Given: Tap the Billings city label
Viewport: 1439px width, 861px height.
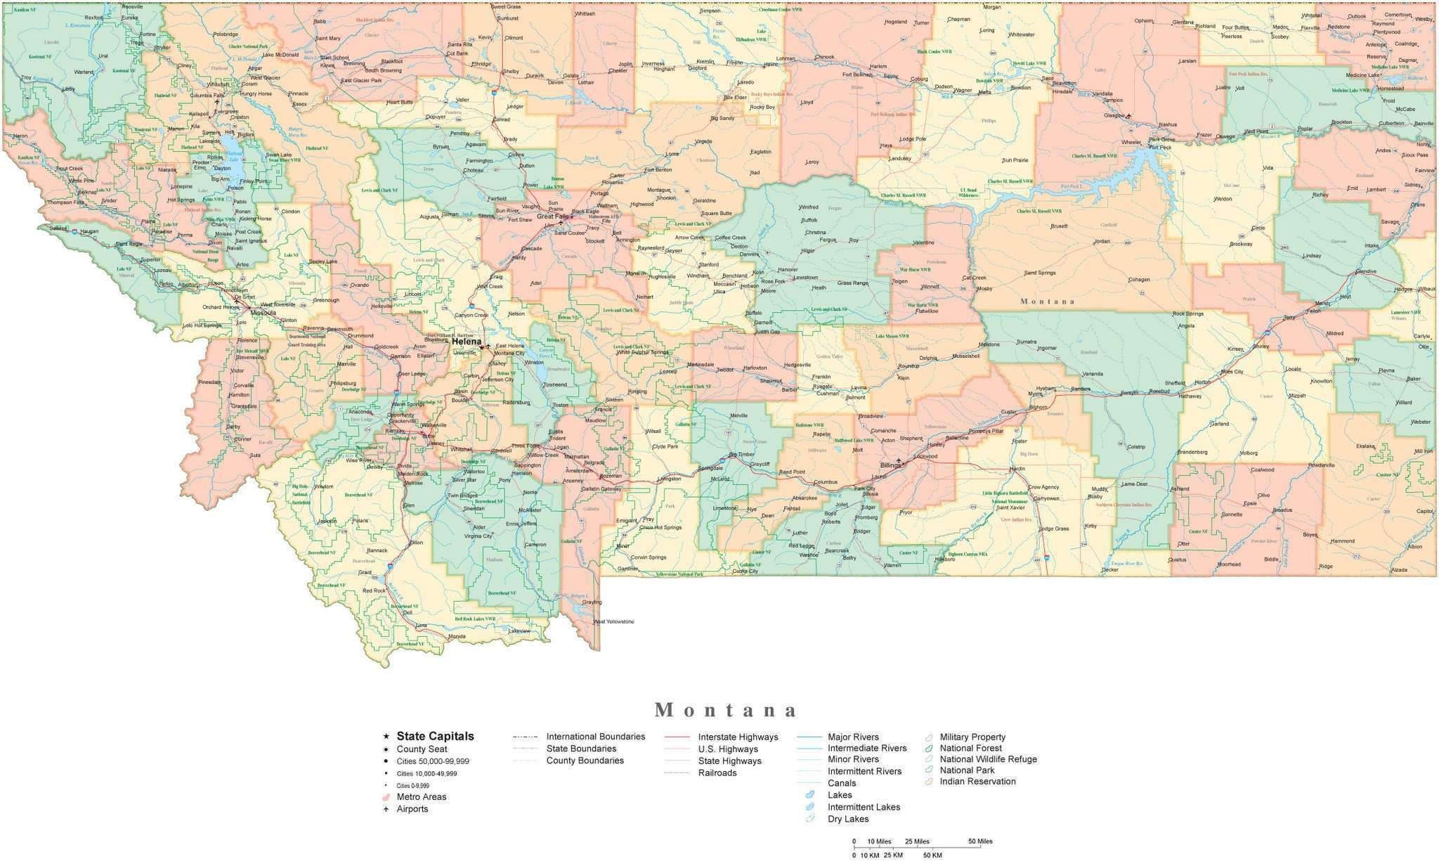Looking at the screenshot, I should (890, 465).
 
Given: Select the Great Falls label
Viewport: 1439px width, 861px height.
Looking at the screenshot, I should (552, 216).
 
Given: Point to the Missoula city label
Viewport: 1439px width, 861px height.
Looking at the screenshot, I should (263, 312).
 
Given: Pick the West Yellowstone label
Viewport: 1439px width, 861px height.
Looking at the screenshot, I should (615, 622).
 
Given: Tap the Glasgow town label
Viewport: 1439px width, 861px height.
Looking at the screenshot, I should (1114, 115).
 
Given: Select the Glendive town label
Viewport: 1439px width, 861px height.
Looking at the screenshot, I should (1366, 271).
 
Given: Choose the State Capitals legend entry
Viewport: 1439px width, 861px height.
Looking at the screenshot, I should (435, 736).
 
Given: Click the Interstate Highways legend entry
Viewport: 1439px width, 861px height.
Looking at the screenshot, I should (738, 737).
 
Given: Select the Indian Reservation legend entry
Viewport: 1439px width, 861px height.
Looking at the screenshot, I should (977, 781).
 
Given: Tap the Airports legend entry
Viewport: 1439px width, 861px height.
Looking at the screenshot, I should (412, 809).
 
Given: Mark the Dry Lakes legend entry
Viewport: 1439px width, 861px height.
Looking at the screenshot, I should (848, 819).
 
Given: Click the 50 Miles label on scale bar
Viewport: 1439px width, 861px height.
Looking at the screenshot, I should (980, 841).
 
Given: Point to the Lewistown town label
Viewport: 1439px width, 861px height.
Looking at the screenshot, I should (805, 278).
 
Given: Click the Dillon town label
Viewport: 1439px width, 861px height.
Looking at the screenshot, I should (416, 543).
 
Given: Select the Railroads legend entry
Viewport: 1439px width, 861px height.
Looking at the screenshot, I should (717, 772).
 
